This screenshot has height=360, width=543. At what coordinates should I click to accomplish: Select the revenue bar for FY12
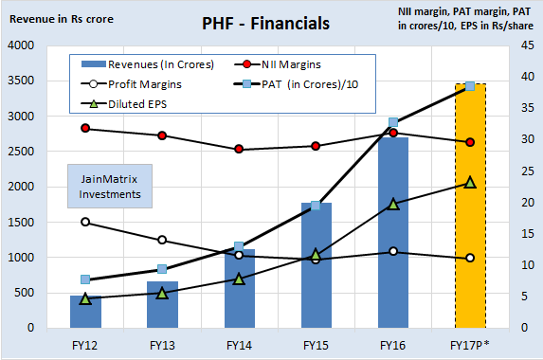tap(85, 312)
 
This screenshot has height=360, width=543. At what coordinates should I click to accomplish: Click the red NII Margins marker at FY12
tap(85, 128)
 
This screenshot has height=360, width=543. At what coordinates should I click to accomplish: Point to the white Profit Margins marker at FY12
tap(85, 222)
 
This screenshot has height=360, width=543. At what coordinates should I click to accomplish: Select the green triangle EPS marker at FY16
tap(392, 204)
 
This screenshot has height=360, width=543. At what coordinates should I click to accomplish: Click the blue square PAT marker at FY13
tap(162, 269)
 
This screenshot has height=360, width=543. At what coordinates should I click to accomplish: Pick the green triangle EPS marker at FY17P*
tap(470, 182)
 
